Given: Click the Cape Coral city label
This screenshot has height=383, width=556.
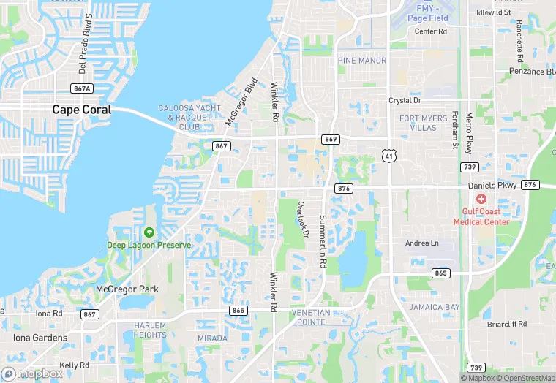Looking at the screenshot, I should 81,110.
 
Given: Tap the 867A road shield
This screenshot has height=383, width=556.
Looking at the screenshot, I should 83,88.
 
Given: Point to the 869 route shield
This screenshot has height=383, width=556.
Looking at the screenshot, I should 330,139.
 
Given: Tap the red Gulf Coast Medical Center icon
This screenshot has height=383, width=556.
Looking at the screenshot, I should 481,199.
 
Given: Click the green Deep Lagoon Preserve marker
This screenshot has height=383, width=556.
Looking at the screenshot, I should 149,232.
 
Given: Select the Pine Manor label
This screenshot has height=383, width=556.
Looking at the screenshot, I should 361,61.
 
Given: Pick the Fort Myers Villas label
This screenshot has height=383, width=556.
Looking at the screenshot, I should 428,123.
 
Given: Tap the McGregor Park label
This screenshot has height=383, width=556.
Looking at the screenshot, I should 127,289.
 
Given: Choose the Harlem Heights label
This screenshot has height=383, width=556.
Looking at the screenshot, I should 150,330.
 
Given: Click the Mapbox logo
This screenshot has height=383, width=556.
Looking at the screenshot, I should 32,373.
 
